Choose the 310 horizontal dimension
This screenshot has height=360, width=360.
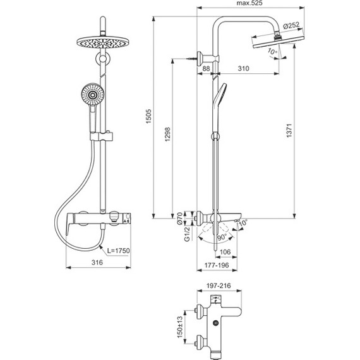239,68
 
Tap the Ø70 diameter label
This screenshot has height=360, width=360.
179,219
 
